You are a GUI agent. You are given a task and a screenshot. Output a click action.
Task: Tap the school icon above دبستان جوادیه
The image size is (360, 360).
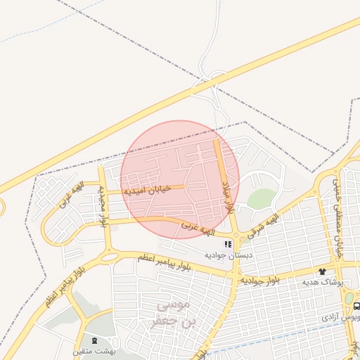tap(227, 244)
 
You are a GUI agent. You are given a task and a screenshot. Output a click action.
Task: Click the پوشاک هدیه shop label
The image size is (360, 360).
tap(322, 282)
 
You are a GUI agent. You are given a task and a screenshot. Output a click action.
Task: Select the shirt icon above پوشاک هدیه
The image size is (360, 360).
tap(322, 271)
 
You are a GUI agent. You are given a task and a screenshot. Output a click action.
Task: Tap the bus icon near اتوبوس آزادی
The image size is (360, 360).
tap(356, 307)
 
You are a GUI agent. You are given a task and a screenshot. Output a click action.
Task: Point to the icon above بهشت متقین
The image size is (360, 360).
tap(95, 340)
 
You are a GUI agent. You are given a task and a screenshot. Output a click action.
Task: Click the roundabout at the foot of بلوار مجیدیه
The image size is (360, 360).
tap(110, 257)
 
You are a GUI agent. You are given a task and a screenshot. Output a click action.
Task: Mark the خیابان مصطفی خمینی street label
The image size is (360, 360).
tap(338, 211)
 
